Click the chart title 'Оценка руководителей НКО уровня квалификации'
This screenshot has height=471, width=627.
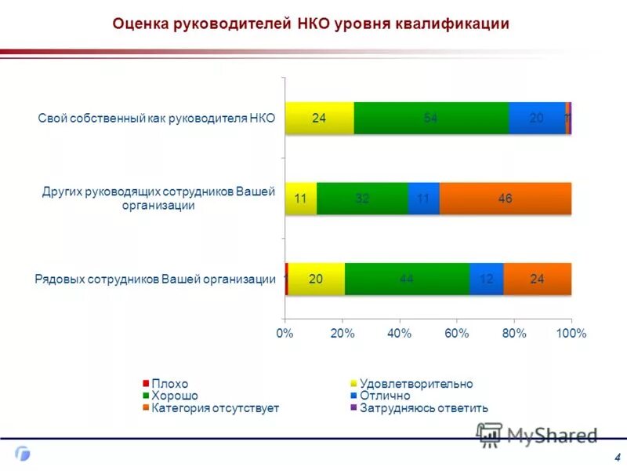(x=311, y=24)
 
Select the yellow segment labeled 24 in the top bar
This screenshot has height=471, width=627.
(x=320, y=119)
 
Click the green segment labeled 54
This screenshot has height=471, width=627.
(x=431, y=119)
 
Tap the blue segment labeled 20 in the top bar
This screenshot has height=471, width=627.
(x=537, y=119)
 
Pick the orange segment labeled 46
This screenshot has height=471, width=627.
(x=505, y=199)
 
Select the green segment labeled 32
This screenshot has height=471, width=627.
(x=362, y=199)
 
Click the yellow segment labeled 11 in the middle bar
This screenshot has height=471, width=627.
(x=301, y=199)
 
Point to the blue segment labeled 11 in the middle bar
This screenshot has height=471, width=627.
(x=423, y=199)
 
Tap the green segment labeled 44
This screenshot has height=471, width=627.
(x=407, y=279)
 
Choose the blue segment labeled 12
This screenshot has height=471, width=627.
(x=487, y=279)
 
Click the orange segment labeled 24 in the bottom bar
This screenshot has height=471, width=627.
(x=538, y=279)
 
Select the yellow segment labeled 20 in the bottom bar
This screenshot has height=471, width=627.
(x=317, y=279)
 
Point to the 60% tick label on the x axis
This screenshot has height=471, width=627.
(x=457, y=334)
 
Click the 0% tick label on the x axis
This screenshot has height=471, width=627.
(x=285, y=334)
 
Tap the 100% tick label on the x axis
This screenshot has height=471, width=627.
(x=571, y=334)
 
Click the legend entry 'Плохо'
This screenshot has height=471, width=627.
(x=169, y=384)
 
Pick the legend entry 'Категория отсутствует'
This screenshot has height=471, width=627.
(x=215, y=408)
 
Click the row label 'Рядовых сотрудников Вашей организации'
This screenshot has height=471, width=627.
(x=155, y=279)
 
